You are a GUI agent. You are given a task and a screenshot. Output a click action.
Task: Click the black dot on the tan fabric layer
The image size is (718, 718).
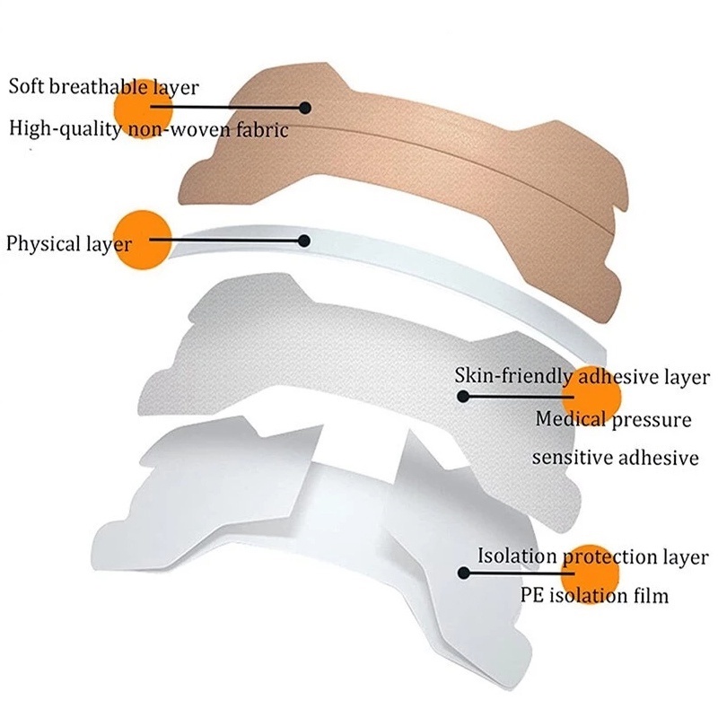(305, 108)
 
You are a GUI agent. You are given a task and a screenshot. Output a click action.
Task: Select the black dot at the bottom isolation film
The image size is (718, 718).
(463, 572)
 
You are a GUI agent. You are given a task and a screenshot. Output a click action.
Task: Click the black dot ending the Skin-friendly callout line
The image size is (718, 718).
(463, 395)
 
